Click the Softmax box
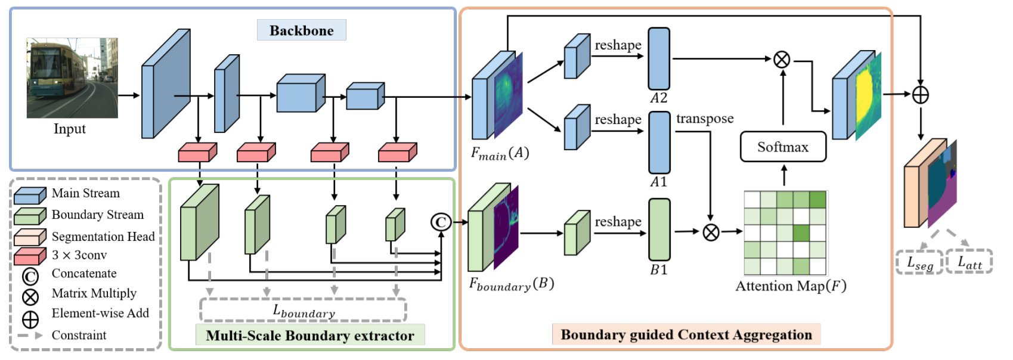coord(783,147)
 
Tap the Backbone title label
coord(301,30)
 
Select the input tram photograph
coord(72,78)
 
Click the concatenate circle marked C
coord(441,222)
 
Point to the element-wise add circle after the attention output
coord(921,94)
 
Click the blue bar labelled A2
coord(659,58)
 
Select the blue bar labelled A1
coord(659,142)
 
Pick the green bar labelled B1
coord(659,230)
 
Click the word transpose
coord(705,119)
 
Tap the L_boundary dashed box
coord(303,311)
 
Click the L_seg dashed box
coord(919,262)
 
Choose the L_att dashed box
coord(969,262)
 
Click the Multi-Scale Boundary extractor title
coord(310,336)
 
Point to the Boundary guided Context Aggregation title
coord(686,334)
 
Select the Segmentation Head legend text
coord(103,237)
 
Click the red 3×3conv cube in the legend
coord(30,256)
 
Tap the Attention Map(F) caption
coord(791,286)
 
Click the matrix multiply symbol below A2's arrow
coord(782,59)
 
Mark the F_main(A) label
coord(500,154)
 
